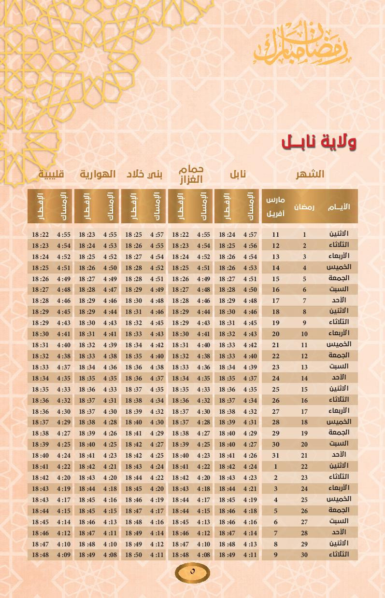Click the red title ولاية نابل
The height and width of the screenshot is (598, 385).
point(319,142)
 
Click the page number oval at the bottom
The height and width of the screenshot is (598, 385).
point(192,572)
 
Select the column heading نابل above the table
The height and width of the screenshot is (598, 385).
point(237,174)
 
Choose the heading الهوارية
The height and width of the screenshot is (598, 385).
point(98,174)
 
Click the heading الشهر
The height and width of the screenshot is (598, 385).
point(310,174)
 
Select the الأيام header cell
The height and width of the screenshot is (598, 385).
point(339,207)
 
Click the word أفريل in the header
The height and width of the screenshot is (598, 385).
point(276,214)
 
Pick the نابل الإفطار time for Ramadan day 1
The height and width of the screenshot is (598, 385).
point(227,235)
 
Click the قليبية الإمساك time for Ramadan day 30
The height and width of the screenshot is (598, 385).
point(63,555)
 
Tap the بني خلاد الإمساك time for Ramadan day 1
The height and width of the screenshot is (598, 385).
point(157,235)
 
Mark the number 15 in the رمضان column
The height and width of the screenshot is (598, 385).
point(304,389)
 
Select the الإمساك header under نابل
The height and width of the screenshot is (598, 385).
point(250,207)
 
